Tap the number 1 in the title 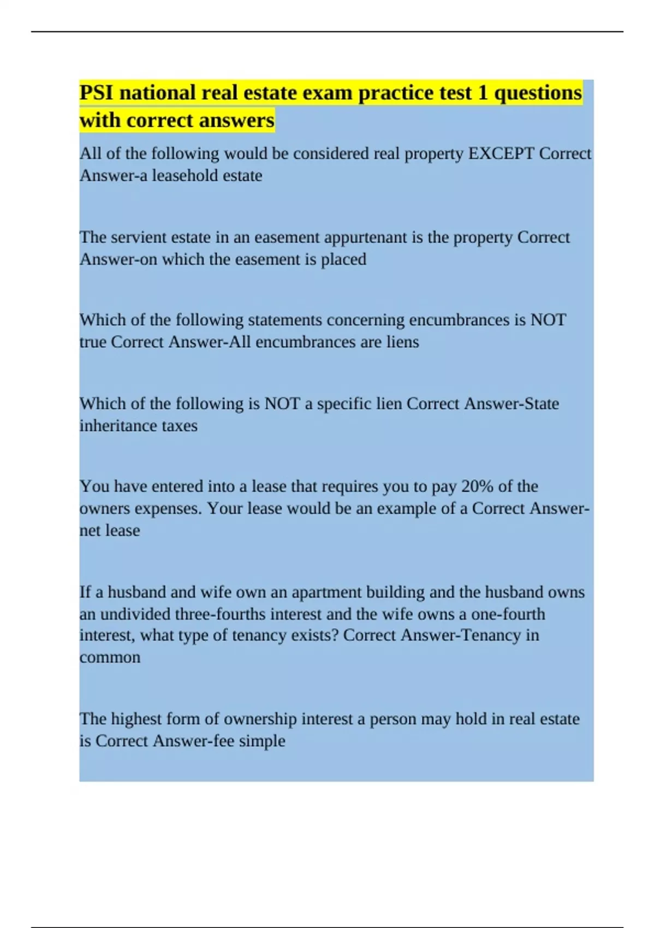[x=483, y=93]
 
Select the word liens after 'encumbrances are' [x=401, y=342]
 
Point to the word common [x=110, y=657]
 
